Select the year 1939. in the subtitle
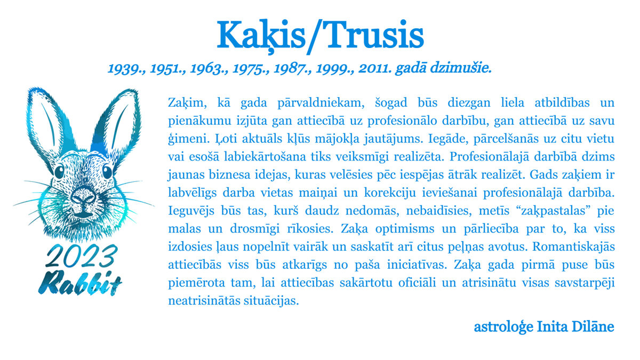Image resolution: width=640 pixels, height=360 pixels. (x=126, y=69)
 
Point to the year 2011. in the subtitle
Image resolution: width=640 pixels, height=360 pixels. (x=375, y=69)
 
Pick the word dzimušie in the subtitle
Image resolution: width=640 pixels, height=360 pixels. (x=461, y=68)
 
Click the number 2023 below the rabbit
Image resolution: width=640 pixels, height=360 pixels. (x=82, y=255)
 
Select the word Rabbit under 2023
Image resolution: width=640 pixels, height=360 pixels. (x=80, y=282)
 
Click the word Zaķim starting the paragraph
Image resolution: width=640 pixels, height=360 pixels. (x=187, y=103)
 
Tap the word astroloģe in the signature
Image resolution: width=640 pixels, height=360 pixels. (x=503, y=327)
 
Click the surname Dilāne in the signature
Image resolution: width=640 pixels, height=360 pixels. (x=593, y=326)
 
